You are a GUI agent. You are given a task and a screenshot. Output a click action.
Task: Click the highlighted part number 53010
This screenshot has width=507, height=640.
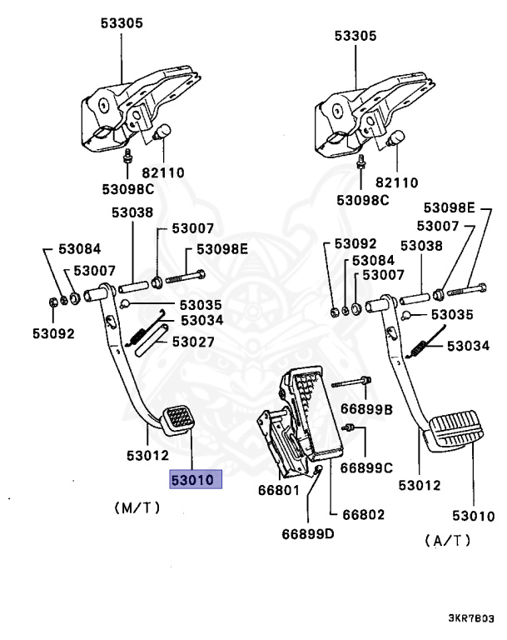193,480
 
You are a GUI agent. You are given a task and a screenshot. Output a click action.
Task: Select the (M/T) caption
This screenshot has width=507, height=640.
137,507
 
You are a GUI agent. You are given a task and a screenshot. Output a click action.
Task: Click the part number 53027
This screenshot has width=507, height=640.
193,342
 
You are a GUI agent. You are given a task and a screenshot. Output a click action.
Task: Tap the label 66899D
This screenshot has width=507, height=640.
306,534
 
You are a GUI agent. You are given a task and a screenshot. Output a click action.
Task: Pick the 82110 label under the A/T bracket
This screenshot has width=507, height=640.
396,182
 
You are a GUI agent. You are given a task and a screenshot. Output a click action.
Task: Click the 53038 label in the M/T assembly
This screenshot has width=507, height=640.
133,212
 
